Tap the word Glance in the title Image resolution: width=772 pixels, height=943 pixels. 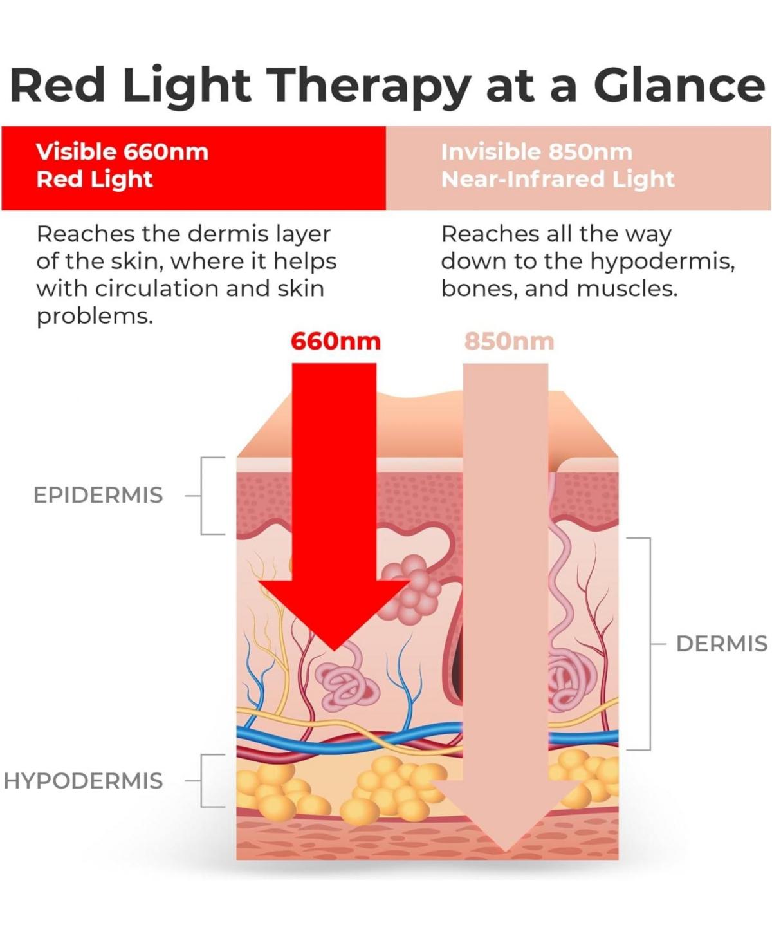pyautogui.click(x=679, y=85)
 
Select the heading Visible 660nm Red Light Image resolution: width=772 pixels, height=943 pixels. pyautogui.click(x=122, y=165)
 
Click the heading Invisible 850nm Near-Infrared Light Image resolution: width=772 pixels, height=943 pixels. pyautogui.click(x=557, y=165)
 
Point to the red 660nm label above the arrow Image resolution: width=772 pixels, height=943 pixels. pyautogui.click(x=335, y=341)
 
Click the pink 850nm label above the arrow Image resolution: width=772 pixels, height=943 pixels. pyautogui.click(x=509, y=341)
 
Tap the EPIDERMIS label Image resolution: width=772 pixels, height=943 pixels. pyautogui.click(x=98, y=496)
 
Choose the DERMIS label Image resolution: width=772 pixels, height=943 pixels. pyautogui.click(x=721, y=644)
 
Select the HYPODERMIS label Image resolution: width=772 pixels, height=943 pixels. pyautogui.click(x=83, y=781)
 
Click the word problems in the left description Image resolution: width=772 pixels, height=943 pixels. pyautogui.click(x=95, y=316)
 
